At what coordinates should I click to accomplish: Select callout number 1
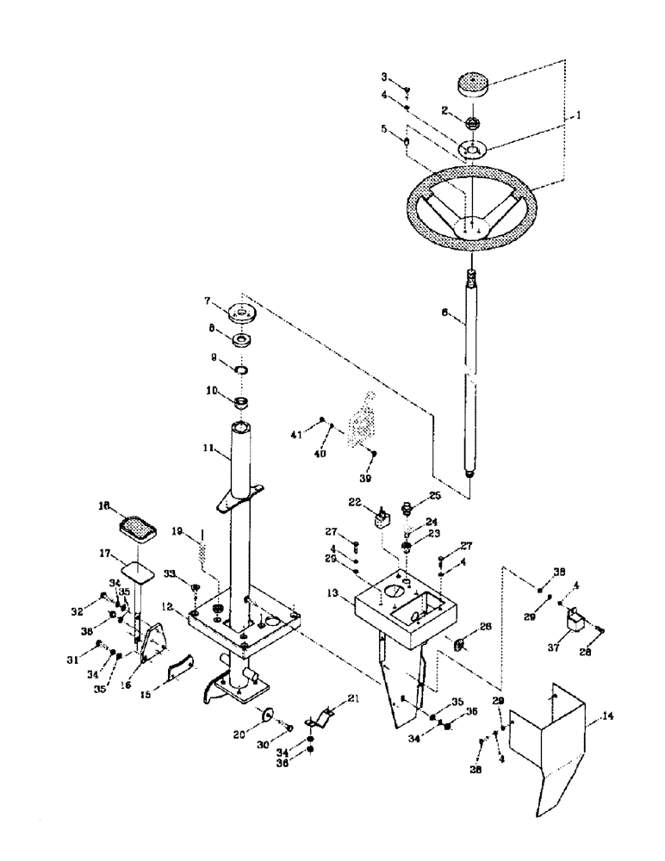point(579,113)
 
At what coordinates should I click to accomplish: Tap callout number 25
point(436,496)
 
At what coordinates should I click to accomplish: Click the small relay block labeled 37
point(573,622)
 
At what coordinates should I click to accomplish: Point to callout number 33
point(170,573)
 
